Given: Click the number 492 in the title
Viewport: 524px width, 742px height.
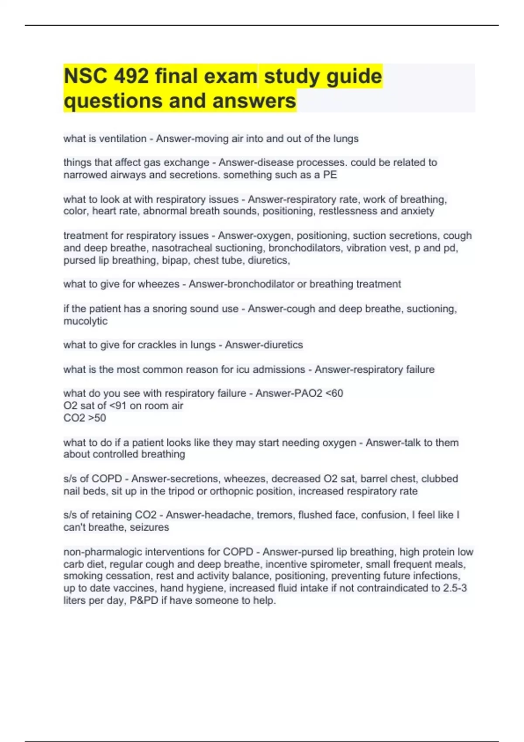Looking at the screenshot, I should point(131,76).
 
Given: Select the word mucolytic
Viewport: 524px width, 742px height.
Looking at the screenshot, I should point(85,321).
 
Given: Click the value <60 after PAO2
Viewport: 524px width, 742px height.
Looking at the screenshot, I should point(334,393).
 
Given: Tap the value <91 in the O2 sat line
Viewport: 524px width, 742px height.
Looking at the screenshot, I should point(118,406).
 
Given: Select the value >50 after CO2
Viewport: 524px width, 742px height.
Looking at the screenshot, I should point(97,418).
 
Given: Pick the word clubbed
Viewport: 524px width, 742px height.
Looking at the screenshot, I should point(440,479).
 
